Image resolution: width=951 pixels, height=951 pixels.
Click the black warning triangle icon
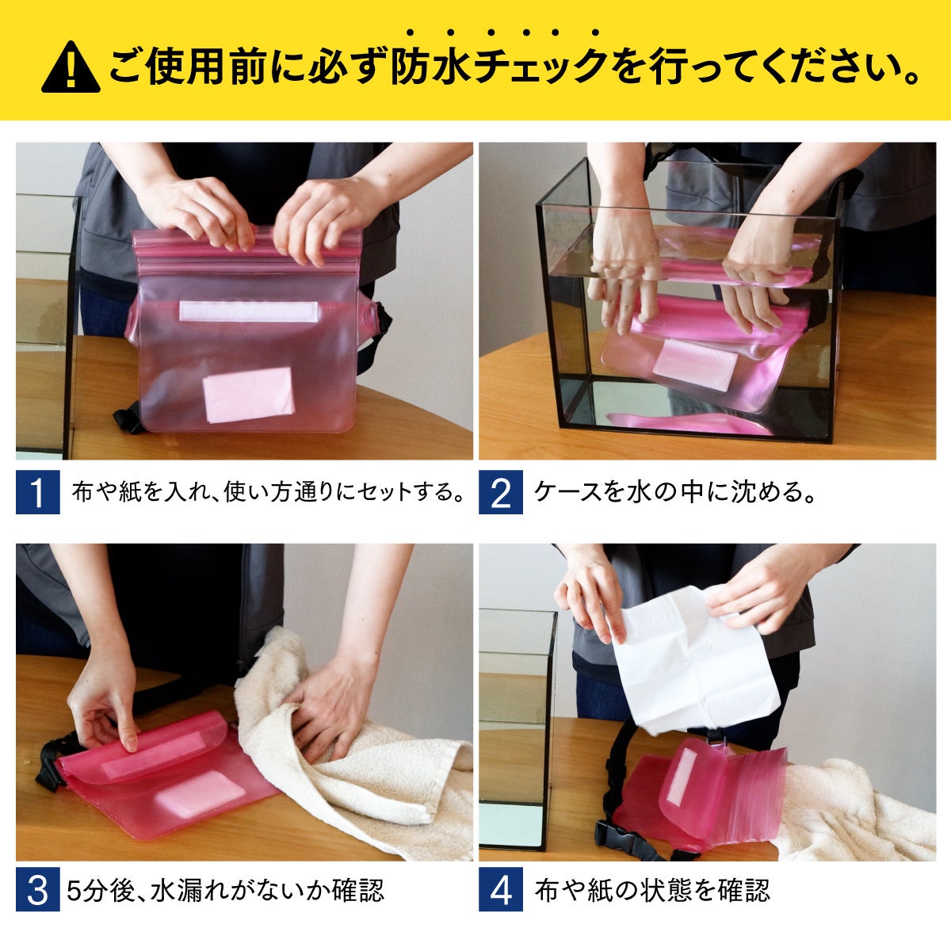[71, 67]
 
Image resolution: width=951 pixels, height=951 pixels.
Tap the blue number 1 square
[38, 492]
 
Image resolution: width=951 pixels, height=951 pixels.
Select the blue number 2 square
[500, 492]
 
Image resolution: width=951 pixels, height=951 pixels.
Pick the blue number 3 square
[38, 889]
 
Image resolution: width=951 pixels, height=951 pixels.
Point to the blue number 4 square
[500, 889]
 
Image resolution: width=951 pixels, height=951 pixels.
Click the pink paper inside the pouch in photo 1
[249, 395]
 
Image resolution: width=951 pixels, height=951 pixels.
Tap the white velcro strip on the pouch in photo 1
[248, 311]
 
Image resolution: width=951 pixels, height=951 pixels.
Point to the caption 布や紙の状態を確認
[652, 889]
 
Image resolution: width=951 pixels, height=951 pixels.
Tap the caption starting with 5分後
[225, 889]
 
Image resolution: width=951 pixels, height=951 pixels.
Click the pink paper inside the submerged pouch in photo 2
[695, 365]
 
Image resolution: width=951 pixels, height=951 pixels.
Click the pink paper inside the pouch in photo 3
[200, 795]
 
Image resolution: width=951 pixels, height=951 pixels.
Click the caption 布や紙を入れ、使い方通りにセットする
[269, 492]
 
